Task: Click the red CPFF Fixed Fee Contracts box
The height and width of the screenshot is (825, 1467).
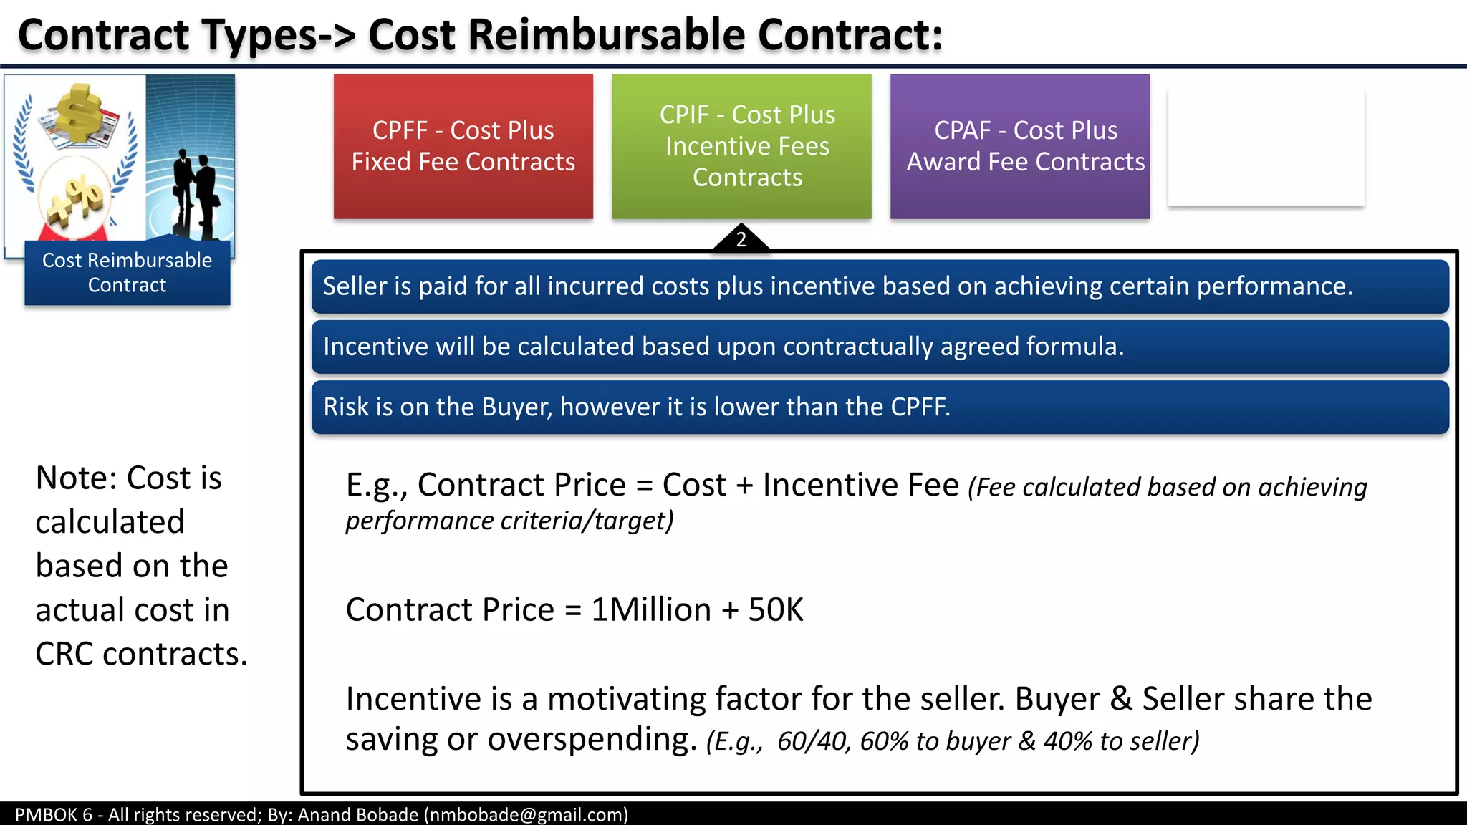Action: pyautogui.click(x=463, y=146)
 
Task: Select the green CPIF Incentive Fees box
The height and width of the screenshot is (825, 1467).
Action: pyautogui.click(x=741, y=146)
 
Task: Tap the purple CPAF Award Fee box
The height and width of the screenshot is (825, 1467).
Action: pyautogui.click(x=1019, y=146)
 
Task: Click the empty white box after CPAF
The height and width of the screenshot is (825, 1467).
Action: pyautogui.click(x=1266, y=148)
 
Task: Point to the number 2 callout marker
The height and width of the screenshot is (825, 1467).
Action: pyautogui.click(x=741, y=239)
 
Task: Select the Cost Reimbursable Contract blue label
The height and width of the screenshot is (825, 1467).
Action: pyautogui.click(x=128, y=273)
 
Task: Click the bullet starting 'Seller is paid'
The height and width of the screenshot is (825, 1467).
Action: pyautogui.click(x=880, y=286)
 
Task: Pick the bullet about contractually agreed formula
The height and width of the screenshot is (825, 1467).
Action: pyautogui.click(x=880, y=347)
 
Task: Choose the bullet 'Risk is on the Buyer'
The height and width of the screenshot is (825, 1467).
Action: pyautogui.click(x=880, y=407)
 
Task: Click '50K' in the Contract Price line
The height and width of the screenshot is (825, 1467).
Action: pyautogui.click(x=776, y=610)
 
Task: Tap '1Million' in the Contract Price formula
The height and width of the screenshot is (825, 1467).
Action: pyautogui.click(x=651, y=610)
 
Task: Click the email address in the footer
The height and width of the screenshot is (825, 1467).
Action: pyautogui.click(x=526, y=815)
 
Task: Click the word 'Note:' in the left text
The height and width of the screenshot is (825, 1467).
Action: pyautogui.click(x=76, y=478)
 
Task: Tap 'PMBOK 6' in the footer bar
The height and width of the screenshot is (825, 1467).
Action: pyautogui.click(x=54, y=815)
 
